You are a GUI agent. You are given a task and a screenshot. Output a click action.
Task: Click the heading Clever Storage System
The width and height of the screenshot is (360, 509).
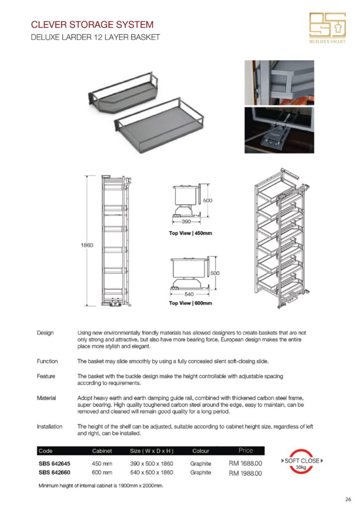point(92,24)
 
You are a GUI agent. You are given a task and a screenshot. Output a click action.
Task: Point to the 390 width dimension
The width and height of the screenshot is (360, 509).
point(186,222)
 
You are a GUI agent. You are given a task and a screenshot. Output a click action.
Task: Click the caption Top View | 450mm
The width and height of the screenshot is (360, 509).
point(190,233)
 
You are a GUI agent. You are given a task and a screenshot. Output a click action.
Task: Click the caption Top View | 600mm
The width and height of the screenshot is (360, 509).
point(190,303)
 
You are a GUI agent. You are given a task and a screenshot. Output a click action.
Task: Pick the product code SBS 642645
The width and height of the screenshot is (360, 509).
point(54,463)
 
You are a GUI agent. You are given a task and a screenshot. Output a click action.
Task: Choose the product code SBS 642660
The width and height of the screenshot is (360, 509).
point(54,472)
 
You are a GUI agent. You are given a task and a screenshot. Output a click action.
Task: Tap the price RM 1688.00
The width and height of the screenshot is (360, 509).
point(245,463)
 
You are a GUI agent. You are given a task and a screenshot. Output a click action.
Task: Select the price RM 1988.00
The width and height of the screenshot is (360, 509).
point(245,473)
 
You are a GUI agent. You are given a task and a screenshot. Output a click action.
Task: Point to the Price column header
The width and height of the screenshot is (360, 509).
point(245,450)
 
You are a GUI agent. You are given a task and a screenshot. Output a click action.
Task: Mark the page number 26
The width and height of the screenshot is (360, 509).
point(348,499)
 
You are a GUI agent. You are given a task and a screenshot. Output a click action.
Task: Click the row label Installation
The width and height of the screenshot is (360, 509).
point(50,426)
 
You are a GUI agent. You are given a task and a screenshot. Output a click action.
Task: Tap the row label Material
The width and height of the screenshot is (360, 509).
point(46,398)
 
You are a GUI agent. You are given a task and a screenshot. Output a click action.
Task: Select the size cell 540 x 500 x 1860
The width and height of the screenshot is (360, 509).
point(151,472)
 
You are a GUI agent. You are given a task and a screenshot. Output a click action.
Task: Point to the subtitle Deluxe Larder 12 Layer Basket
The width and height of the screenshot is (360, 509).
point(95,38)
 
